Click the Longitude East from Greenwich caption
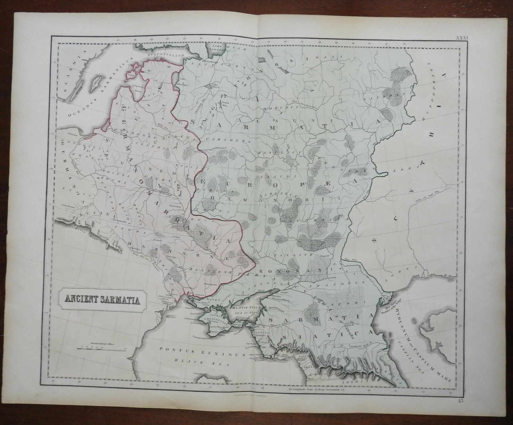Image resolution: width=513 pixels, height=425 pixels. pos(316,390)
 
